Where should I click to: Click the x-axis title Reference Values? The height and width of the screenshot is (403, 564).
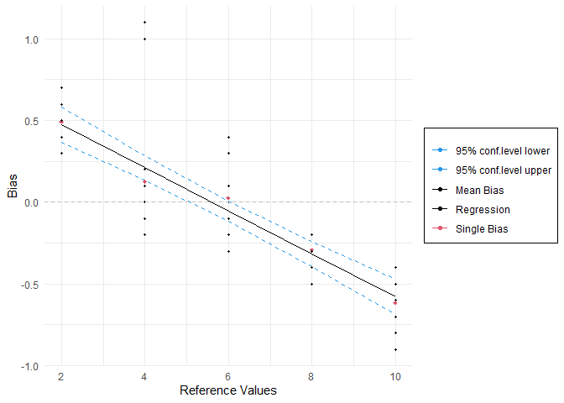coord(227,390)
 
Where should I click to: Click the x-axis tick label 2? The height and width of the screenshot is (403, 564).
coord(61,376)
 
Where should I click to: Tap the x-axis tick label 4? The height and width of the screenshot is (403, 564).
coord(144,376)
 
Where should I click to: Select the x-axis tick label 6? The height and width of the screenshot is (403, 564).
coord(228,376)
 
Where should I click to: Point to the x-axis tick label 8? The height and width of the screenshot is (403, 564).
coord(311,376)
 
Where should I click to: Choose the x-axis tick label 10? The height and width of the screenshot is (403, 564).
coord(395,376)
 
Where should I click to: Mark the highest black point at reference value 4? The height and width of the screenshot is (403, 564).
coord(144,23)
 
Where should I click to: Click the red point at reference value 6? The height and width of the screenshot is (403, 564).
coord(228,198)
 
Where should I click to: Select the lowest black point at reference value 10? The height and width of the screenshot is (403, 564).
coord(395,350)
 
